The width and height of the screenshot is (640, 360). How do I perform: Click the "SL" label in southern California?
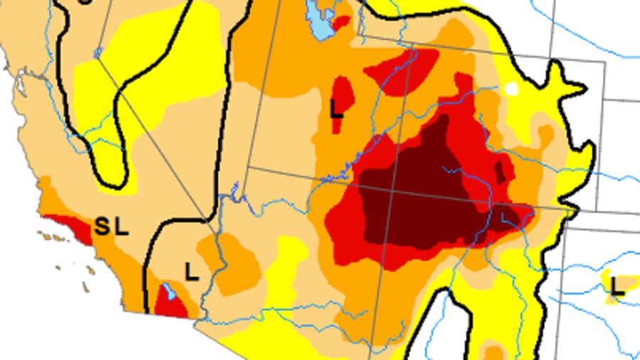click(x=112, y=228)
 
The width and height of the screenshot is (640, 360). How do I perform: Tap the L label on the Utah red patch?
click(x=337, y=110)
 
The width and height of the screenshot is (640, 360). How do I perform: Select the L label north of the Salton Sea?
click(x=191, y=271)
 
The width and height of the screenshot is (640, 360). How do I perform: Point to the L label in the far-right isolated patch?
click(x=617, y=287)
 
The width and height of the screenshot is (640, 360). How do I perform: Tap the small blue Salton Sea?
click(x=169, y=292)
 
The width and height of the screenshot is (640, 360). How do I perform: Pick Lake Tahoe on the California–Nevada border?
click(x=97, y=53)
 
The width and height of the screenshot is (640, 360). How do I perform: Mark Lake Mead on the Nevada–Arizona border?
click(x=234, y=191)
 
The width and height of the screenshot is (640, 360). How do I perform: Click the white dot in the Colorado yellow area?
click(x=511, y=89)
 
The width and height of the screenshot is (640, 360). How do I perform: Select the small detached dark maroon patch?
click(x=501, y=171)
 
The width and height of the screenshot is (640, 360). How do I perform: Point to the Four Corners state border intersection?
click(x=358, y=189)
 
